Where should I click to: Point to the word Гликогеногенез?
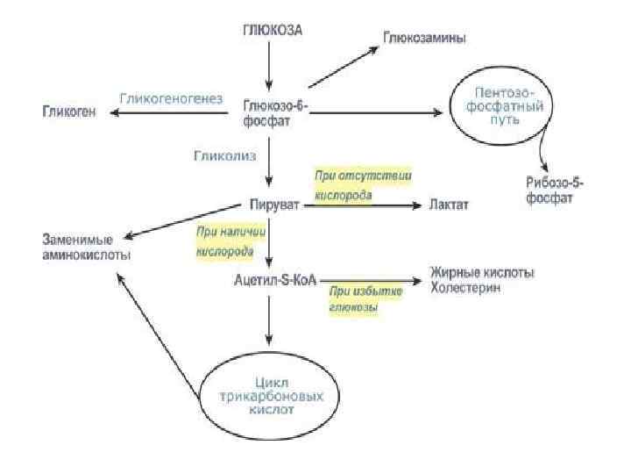pos(171,97)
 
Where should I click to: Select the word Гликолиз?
pos(224,156)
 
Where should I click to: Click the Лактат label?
pos(449,205)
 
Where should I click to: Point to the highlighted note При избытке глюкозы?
pos(365,298)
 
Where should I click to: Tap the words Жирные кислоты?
pos(481,273)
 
